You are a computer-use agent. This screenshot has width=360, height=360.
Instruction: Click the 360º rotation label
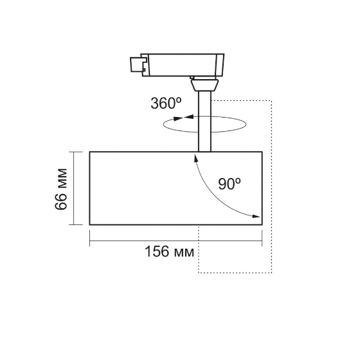pyautogui.click(x=166, y=103)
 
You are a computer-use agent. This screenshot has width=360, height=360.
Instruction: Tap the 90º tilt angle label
pyautogui.click(x=230, y=184)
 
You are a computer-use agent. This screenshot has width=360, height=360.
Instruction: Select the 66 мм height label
pyautogui.click(x=61, y=189)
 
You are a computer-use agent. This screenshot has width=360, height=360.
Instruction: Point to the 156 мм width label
pyautogui.click(x=170, y=251)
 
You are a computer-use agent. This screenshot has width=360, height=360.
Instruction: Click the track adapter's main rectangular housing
pyautogui.click(x=183, y=65)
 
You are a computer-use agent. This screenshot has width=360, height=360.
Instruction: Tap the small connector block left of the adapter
pyautogui.click(x=138, y=64)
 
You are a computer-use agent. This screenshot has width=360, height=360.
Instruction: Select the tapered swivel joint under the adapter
pyautogui.click(x=204, y=84)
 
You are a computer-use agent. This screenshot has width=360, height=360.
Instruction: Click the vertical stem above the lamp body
pyautogui.click(x=204, y=122)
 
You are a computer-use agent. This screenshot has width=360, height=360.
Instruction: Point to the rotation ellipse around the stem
pyautogui.click(x=163, y=124)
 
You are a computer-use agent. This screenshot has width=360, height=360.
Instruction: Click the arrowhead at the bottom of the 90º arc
pyautogui.click(x=256, y=216)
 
